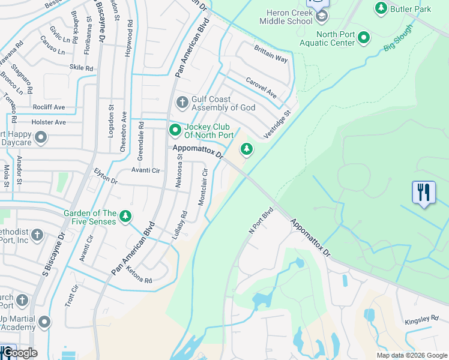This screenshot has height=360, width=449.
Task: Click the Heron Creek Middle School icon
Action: (322, 16)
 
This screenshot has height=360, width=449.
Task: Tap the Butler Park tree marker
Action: (381, 8)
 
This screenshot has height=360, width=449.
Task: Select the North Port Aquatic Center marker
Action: (364, 38)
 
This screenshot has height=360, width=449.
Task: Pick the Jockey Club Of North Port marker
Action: (175, 130)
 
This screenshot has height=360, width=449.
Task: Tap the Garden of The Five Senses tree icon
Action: (125, 216)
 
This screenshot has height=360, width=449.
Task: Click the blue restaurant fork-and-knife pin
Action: (424, 193)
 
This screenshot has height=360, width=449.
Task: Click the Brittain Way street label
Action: (271, 55)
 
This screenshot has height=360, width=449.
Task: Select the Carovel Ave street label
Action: (261, 88)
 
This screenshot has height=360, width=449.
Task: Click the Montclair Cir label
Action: (203, 188)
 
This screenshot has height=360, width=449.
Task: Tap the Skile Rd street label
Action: (81, 68)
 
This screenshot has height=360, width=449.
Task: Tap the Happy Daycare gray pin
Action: (41, 138)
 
